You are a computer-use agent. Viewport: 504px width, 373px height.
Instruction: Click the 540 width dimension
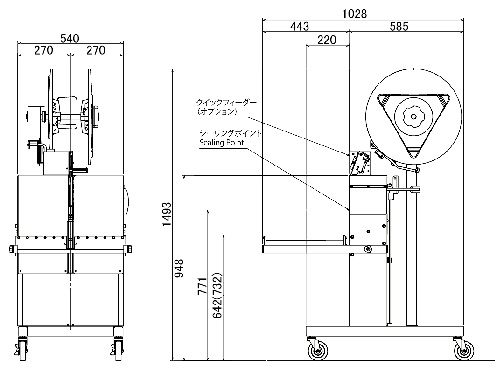coord(70,39)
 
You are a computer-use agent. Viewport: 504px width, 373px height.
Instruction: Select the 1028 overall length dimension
coord(354,14)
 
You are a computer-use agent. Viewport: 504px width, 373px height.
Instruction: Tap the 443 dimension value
coord(300,27)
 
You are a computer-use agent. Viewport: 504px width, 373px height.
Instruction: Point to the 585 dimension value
coord(399,27)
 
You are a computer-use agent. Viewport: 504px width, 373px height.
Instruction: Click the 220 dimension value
coord(327,40)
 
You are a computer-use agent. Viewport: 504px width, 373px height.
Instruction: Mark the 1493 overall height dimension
coord(167,214)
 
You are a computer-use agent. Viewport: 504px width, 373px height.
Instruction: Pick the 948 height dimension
coord(179,268)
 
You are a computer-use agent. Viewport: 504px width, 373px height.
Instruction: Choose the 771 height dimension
coord(202,286)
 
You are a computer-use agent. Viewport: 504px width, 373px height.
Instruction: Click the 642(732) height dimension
coord(217,296)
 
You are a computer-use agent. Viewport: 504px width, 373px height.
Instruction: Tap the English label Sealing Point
coord(222,143)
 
